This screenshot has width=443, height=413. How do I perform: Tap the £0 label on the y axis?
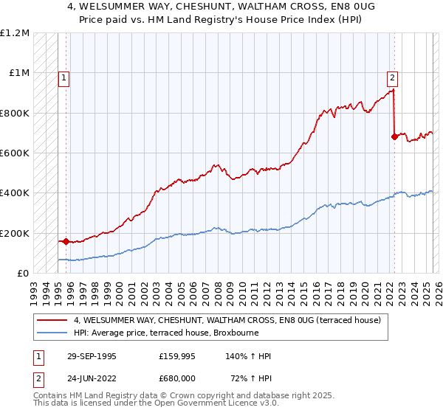point(22,273)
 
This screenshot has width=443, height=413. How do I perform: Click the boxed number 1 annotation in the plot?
point(64,76)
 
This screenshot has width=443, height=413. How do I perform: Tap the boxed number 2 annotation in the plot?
point(392,76)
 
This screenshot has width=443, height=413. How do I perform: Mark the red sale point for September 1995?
point(66,241)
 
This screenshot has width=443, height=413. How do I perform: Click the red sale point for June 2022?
point(394,137)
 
